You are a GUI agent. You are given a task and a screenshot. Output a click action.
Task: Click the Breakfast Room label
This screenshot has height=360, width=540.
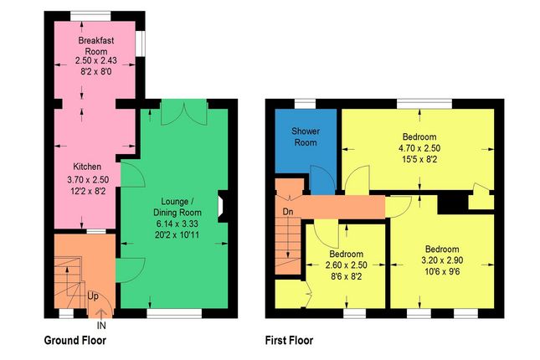95,45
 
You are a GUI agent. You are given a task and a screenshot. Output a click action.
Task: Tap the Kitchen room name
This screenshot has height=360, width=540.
87,167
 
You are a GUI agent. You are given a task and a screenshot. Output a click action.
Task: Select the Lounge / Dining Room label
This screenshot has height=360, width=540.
177,207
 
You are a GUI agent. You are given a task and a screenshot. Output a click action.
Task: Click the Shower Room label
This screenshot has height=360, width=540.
306,136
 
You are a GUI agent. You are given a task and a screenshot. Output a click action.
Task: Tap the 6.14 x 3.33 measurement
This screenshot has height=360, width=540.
177,224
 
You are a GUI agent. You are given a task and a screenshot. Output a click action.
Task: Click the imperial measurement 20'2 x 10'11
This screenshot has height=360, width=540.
177,236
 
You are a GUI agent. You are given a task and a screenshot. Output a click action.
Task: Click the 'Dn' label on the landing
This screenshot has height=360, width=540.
287,211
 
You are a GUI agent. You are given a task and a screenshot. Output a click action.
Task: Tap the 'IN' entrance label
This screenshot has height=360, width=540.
101,324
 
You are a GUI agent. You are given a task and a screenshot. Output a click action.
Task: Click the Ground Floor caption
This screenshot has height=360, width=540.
75,341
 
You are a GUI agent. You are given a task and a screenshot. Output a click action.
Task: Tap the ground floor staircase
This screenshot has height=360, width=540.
70,280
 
